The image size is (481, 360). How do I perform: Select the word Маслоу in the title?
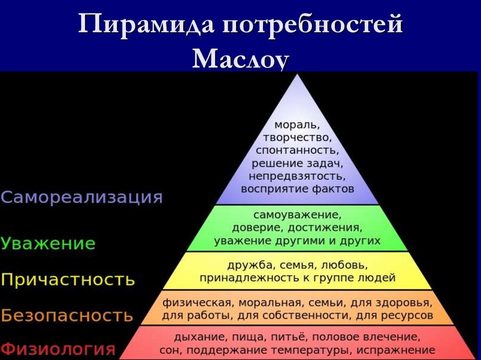click(x=240, y=59)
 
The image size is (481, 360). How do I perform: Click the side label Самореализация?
click(x=82, y=197)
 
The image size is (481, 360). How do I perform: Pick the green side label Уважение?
click(x=48, y=244)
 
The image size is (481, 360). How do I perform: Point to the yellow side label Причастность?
click(x=68, y=280)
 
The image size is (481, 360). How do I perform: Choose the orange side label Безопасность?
click(x=67, y=315)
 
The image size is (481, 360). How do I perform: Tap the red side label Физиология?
click(x=58, y=349)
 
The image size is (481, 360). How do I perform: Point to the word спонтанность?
click(x=297, y=151)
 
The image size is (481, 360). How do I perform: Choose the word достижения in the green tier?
click(x=331, y=228)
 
